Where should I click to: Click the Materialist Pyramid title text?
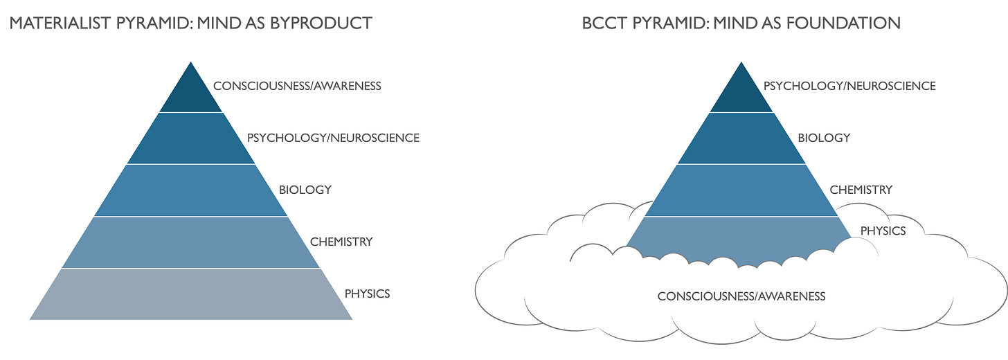(190, 23)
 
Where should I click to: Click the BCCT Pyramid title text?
(741, 23)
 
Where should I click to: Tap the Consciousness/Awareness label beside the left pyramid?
(297, 87)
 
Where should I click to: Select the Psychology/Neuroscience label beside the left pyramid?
(333, 138)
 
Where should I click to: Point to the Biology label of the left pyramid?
(305, 190)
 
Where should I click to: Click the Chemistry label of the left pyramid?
(341, 242)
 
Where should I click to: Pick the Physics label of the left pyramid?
(367, 294)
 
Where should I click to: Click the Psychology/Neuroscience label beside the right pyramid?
(849, 87)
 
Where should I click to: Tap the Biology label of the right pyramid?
(824, 138)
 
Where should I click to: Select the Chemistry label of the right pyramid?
(861, 190)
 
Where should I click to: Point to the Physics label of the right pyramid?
(883, 231)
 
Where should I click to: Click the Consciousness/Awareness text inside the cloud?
(741, 296)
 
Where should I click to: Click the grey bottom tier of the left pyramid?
(191, 294)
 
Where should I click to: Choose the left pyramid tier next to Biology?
(191, 190)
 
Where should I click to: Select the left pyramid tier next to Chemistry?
(191, 242)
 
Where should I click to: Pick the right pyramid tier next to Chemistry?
(742, 190)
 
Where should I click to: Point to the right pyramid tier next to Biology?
(742, 138)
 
